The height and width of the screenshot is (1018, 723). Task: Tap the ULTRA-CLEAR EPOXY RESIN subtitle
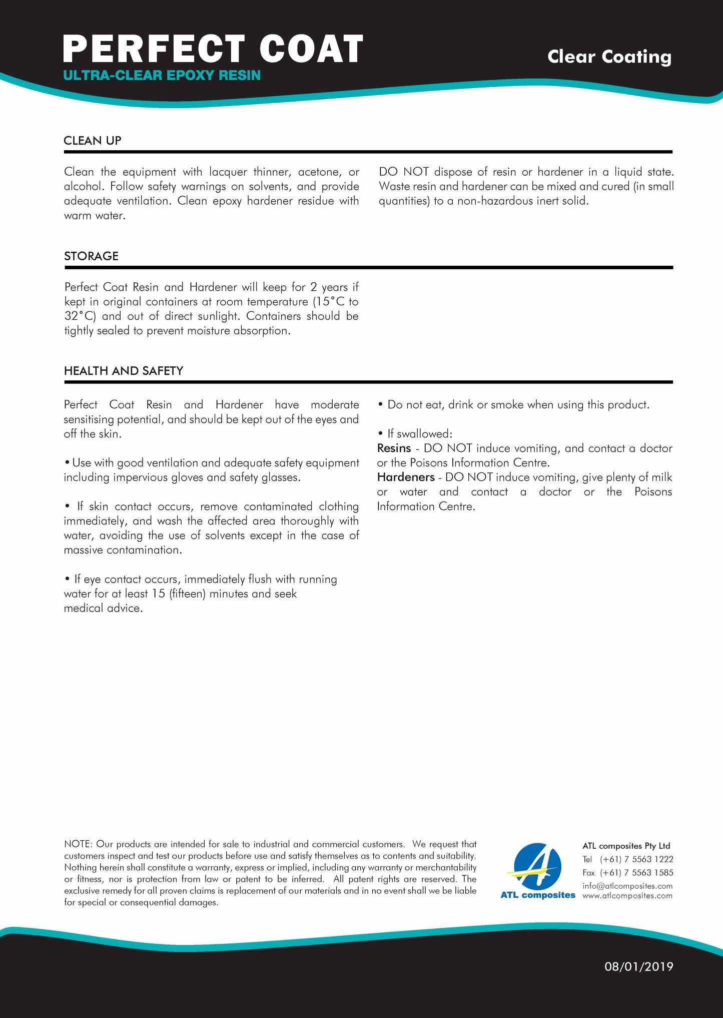pos(162,76)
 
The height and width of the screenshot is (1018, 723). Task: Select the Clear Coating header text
pos(609,57)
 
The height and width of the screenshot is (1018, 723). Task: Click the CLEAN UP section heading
pos(93,141)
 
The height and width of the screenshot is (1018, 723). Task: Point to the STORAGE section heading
pos(91,256)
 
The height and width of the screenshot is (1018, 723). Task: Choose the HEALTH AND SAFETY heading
pos(124,371)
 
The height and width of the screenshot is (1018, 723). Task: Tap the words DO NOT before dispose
pos(404,172)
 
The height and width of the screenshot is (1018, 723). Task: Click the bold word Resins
pos(394,448)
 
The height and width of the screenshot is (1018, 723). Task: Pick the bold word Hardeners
pos(406,477)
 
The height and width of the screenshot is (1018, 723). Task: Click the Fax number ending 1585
pos(636,873)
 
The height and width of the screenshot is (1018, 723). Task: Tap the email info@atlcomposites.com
pos(627,886)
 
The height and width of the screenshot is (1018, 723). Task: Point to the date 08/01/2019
pos(638,966)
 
